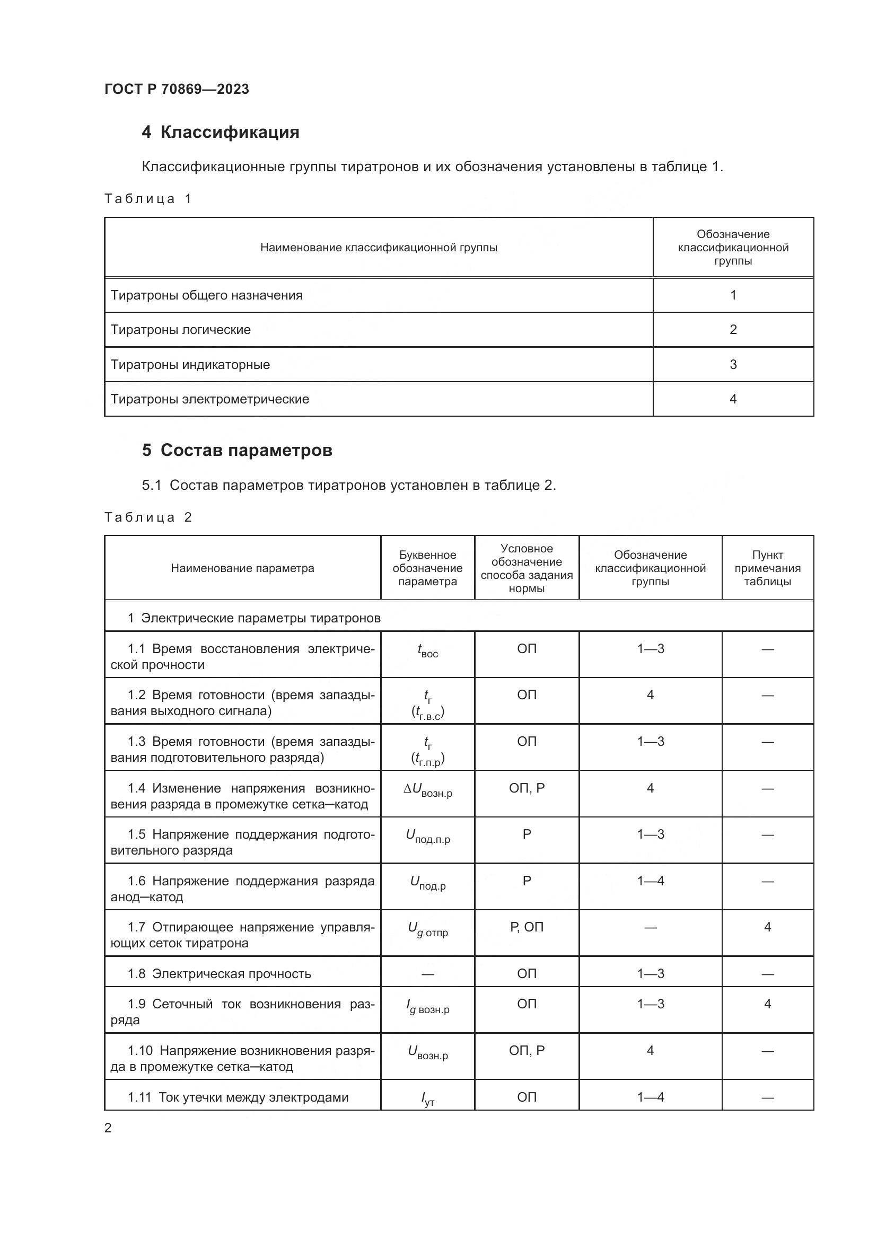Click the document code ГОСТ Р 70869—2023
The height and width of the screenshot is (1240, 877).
pyautogui.click(x=177, y=89)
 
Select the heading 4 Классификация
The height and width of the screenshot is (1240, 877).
pyautogui.click(x=221, y=132)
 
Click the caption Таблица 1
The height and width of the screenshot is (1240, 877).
pyautogui.click(x=148, y=199)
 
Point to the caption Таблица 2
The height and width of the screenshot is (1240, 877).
pyautogui.click(x=148, y=517)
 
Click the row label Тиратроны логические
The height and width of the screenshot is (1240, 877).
pyautogui.click(x=180, y=329)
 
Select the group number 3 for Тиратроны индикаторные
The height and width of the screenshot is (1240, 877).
pyautogui.click(x=733, y=365)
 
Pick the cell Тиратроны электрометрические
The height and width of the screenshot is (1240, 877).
pyautogui.click(x=209, y=399)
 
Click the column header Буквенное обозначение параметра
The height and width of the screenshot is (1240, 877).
pyautogui.click(x=427, y=568)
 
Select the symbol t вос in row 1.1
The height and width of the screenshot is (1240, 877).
pyautogui.click(x=427, y=651)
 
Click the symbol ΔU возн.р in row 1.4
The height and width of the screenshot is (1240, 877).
pyautogui.click(x=427, y=790)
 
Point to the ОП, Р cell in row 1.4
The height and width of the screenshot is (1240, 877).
pyautogui.click(x=527, y=788)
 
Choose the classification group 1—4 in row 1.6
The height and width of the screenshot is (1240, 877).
pyautogui.click(x=650, y=881)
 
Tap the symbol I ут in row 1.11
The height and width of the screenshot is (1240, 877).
pyautogui.click(x=427, y=1098)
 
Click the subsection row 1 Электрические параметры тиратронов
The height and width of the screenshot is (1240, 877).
pyautogui.click(x=254, y=618)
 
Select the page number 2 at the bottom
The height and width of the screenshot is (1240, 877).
pyautogui.click(x=108, y=1128)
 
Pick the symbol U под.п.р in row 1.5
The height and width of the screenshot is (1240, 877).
pyautogui.click(x=427, y=837)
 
